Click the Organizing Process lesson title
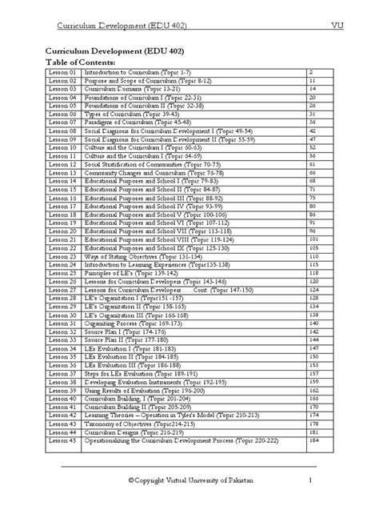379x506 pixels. click(x=132, y=323)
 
